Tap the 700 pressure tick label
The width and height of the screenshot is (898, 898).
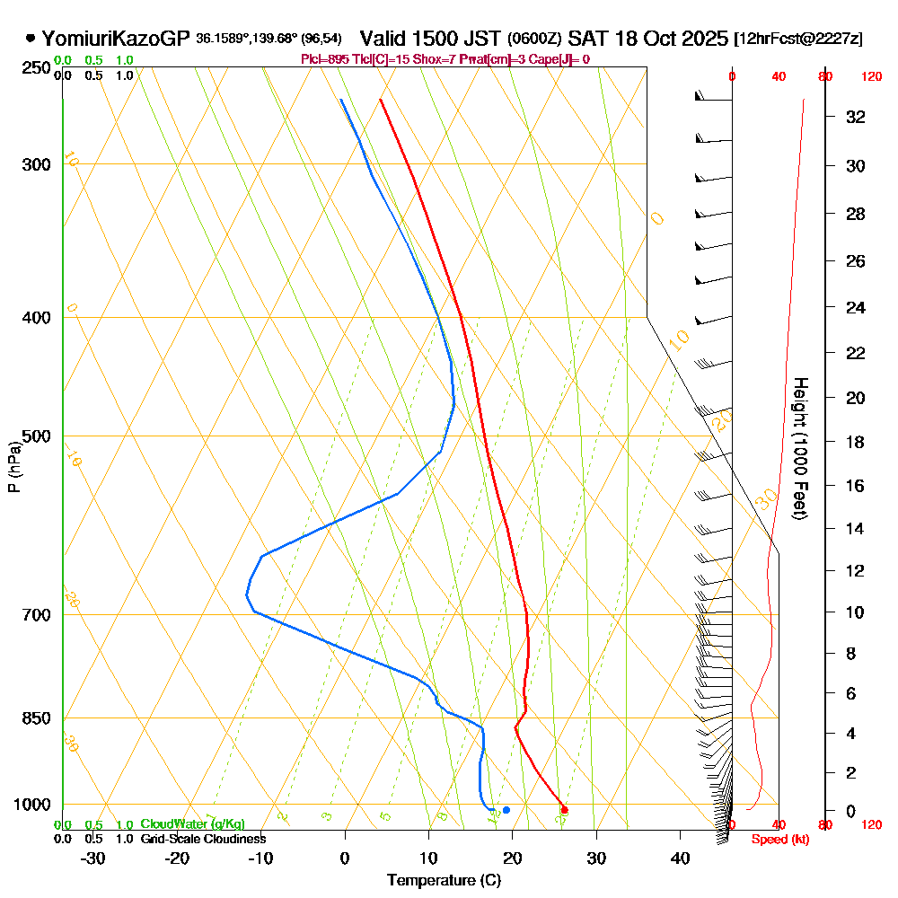37,615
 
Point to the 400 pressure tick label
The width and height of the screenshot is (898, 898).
37,318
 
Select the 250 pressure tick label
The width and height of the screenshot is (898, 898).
37,68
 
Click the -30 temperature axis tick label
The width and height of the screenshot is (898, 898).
92,858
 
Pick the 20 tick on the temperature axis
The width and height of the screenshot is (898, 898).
512,858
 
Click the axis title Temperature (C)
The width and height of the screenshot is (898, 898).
444,881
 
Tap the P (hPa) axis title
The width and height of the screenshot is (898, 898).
14,466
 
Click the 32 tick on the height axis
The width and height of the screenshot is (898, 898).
856,117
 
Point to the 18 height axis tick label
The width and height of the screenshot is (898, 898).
856,442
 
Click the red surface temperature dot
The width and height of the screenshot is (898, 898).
564,810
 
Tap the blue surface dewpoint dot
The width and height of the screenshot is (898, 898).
506,810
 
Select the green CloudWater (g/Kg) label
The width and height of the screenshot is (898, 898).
192,824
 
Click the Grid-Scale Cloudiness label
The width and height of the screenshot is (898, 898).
202,839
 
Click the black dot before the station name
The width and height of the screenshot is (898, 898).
31,39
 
